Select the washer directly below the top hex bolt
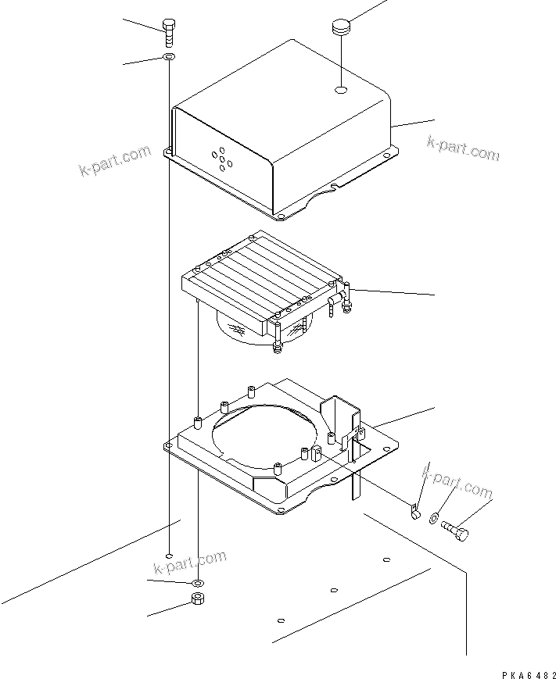tap(169, 58)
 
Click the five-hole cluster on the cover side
tap(221, 157)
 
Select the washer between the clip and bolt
tap(434, 519)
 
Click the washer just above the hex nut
tap(196, 584)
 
